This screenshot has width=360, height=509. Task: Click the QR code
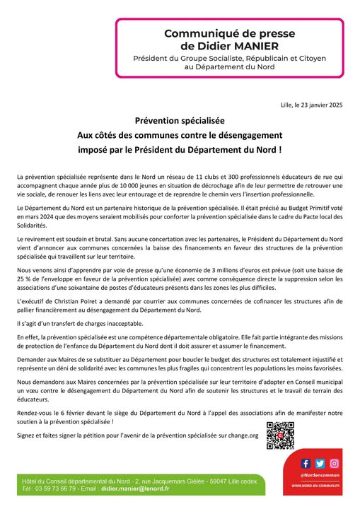point(279,434)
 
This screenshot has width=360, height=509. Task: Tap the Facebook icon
point(306,464)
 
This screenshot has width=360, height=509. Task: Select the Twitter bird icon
point(320,464)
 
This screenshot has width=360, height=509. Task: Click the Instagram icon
point(335,464)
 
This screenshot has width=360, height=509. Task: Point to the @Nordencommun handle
point(320,476)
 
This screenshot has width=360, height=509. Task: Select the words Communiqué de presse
point(212,33)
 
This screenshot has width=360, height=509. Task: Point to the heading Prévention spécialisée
point(180,121)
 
